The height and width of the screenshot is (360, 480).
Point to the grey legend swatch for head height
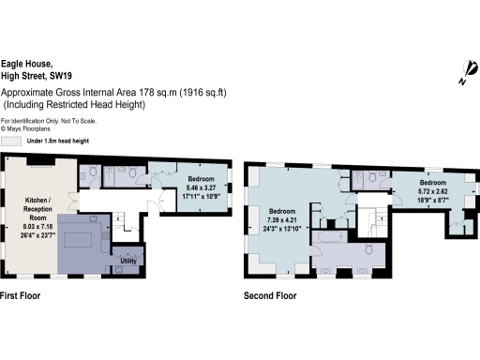(x=11, y=141)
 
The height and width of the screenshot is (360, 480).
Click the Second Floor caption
(x=270, y=295)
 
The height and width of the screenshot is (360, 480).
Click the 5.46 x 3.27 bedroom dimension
(x=200, y=187)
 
